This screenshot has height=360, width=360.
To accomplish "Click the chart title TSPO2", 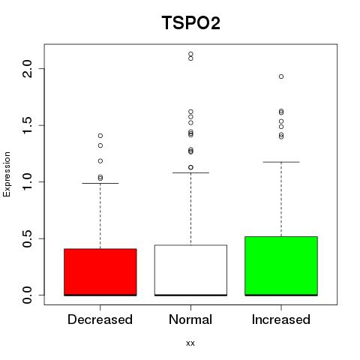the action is [191, 22].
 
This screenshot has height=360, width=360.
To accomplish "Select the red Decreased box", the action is [100, 272].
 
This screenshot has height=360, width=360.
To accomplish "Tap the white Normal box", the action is [190, 270].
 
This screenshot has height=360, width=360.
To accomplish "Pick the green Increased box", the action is [281, 266].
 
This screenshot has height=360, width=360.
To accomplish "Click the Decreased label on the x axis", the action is [100, 319].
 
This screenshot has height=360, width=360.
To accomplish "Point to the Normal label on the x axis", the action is [190, 319].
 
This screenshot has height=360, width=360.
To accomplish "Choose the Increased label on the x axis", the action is [281, 319].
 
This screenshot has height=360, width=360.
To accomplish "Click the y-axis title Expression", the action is [7, 174].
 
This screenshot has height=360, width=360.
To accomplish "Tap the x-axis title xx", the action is [190, 343].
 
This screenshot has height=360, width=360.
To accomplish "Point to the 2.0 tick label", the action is [27, 69].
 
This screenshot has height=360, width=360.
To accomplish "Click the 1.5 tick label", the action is [27, 125].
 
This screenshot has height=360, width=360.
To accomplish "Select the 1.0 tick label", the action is [27, 181].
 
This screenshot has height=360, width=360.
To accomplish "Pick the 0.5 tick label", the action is [27, 238].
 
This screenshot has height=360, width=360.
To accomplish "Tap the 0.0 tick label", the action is [27, 295].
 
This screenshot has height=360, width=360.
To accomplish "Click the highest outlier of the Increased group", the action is [281, 76].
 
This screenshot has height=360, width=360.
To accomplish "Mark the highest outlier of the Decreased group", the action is [100, 136].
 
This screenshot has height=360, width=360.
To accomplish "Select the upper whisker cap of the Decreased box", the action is [100, 183].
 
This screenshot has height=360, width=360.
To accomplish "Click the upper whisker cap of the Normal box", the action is [190, 172].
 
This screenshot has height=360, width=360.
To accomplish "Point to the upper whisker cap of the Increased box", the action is [281, 162].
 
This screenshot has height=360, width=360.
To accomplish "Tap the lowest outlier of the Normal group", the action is [190, 167].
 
